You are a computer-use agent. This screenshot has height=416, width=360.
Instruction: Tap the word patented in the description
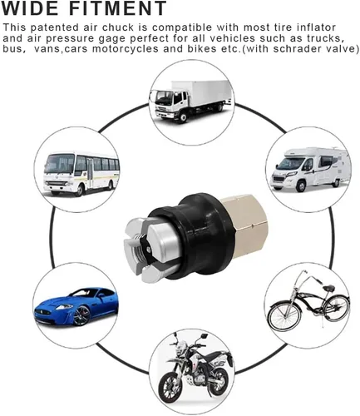tap(54, 27)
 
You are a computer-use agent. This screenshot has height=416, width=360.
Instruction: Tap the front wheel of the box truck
tap(182, 117)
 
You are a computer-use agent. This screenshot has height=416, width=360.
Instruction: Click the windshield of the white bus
tap(59, 164)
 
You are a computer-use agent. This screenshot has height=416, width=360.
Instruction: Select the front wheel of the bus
tap(80, 191)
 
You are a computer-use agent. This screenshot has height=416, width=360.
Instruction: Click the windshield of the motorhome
tap(288, 164)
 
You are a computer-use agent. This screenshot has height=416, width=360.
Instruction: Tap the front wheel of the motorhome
tap(301, 186)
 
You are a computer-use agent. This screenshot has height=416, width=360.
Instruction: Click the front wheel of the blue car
tap(81, 315)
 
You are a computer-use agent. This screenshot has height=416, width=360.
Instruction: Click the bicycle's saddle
tap(328, 288)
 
